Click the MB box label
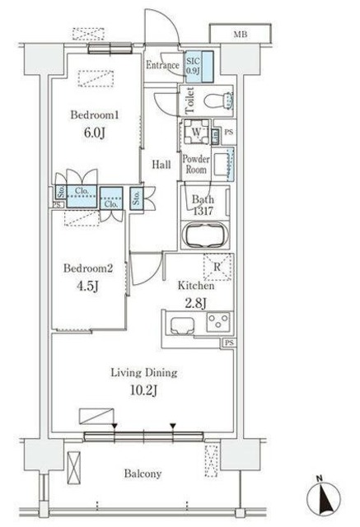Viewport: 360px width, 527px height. [x=241, y=34]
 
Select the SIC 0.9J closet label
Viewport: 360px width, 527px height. [x=193, y=66]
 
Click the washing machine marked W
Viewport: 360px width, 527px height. [x=196, y=132]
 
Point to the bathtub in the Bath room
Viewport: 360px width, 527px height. [x=205, y=235]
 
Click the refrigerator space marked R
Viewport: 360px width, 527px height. [x=217, y=267]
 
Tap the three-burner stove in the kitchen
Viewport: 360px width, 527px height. [x=218, y=322]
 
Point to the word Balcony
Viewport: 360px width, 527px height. [x=143, y=473]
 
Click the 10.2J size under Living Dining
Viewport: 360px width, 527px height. [x=143, y=390]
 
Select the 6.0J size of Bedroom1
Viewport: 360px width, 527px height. [x=95, y=133]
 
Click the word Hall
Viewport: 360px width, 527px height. [x=161, y=165]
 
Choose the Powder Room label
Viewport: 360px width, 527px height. [x=196, y=164]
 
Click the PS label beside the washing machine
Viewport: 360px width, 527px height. [x=228, y=132]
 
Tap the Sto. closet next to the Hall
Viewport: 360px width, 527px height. [x=136, y=198]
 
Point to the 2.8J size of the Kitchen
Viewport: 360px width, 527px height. [x=195, y=303]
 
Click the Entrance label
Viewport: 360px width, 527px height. [x=162, y=65]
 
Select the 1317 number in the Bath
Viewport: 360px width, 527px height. [x=203, y=211]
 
